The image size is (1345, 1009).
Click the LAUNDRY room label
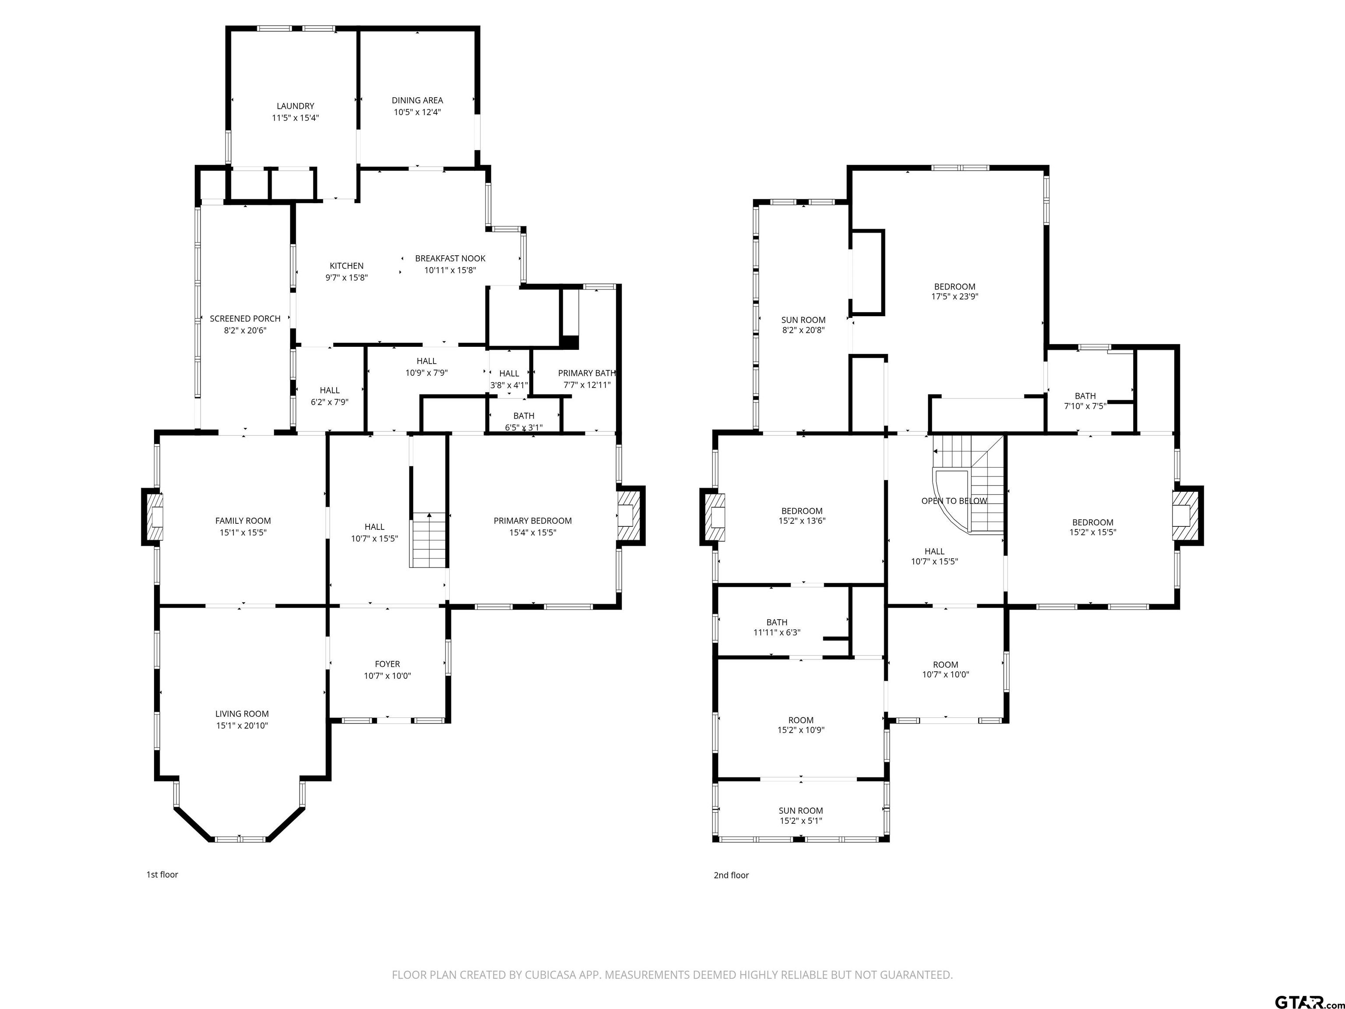coord(296,106)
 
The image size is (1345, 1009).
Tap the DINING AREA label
coord(417,100)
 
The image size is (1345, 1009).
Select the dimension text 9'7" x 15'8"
coord(347,277)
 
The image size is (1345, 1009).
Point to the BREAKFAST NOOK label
coord(450,258)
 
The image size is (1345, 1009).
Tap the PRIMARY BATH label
coord(587,373)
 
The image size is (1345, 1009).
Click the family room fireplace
coord(153,516)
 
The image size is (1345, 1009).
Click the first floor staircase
coord(429,540)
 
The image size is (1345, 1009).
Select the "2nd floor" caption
coord(732,875)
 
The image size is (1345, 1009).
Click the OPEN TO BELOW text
coord(954,501)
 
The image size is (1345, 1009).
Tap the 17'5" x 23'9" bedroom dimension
coord(954,297)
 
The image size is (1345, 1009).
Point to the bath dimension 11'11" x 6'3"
coord(776,632)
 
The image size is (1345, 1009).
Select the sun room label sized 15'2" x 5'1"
coord(801,811)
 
